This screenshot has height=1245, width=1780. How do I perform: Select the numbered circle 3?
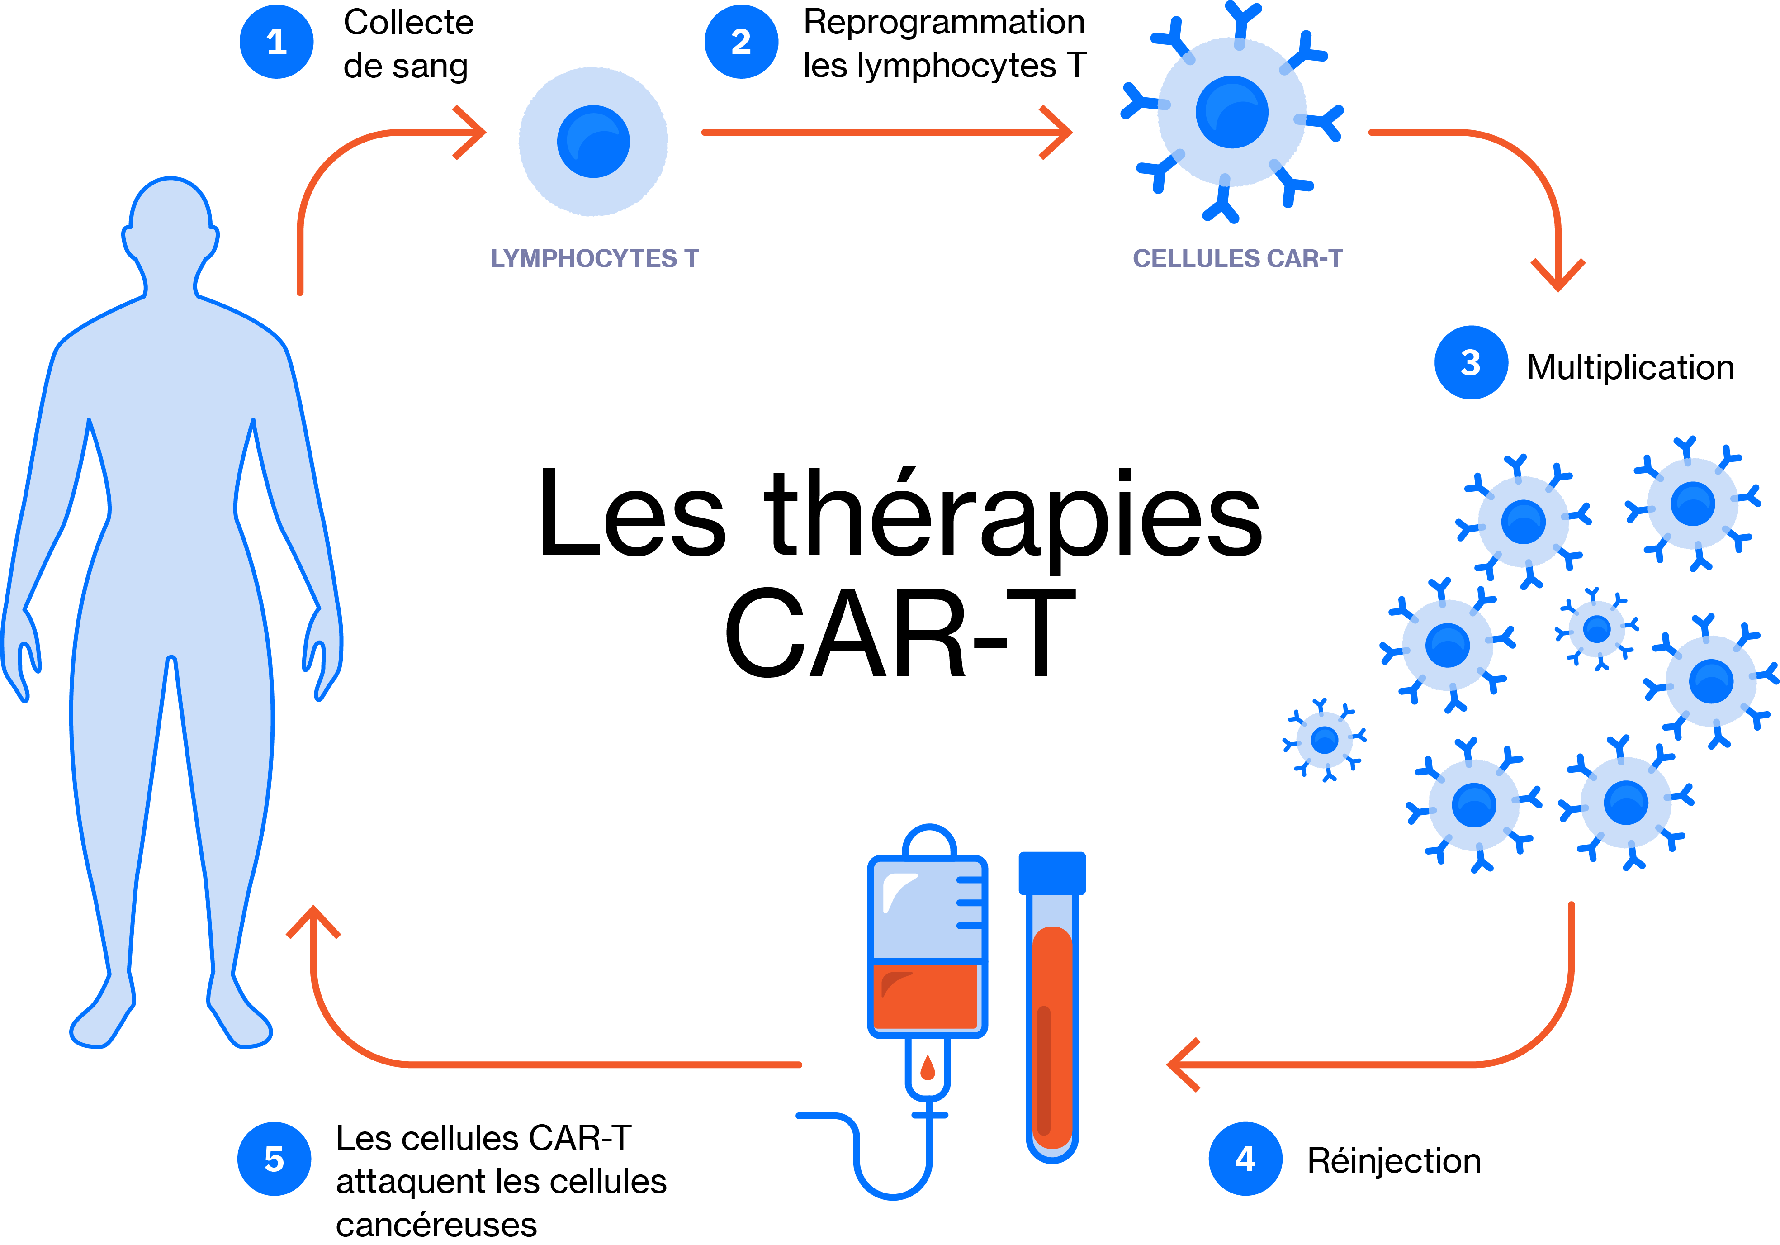(x=1471, y=362)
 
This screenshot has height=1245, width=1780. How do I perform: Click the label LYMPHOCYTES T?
(x=595, y=258)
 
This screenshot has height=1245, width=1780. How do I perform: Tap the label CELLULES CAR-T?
(x=1237, y=258)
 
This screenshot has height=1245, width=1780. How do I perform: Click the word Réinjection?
(x=1394, y=1160)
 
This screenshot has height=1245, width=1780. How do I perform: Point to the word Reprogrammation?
(x=943, y=23)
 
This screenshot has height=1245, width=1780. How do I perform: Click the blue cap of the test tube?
(x=1052, y=873)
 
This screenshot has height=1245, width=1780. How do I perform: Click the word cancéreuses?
(x=436, y=1225)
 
